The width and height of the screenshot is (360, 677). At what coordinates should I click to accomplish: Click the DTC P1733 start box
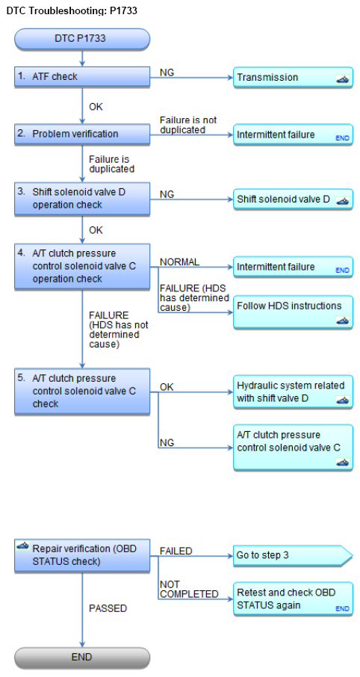tap(82, 39)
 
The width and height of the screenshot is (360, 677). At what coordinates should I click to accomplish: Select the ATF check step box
tap(82, 77)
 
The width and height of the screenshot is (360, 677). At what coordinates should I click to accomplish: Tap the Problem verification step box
tap(82, 135)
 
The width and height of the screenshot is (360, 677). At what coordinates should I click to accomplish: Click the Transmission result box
tap(293, 78)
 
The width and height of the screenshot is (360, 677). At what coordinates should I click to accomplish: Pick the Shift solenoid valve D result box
tap(293, 200)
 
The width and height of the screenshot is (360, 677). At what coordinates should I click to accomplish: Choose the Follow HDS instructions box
tap(293, 312)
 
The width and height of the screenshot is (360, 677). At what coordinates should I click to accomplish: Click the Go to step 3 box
tap(293, 555)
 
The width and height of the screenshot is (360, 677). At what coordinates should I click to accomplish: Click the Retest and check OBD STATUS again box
tap(293, 599)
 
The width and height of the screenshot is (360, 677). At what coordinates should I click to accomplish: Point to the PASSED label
tap(108, 608)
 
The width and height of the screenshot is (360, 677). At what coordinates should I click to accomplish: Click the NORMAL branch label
tap(179, 262)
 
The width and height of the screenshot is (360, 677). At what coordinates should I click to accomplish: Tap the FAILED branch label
tap(176, 551)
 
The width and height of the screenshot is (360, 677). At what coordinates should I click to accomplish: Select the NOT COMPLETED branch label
tap(189, 590)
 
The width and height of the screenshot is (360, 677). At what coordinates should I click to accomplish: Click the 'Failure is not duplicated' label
tap(188, 124)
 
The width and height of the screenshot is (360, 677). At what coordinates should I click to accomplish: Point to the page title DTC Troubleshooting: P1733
tap(72, 10)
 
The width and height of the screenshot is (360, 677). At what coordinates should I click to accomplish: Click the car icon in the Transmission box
tap(342, 80)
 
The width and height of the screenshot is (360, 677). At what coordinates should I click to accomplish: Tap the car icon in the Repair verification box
tap(23, 545)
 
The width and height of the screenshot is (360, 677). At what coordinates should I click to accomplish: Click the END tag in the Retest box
tap(342, 609)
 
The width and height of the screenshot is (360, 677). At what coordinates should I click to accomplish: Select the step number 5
tap(22, 378)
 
